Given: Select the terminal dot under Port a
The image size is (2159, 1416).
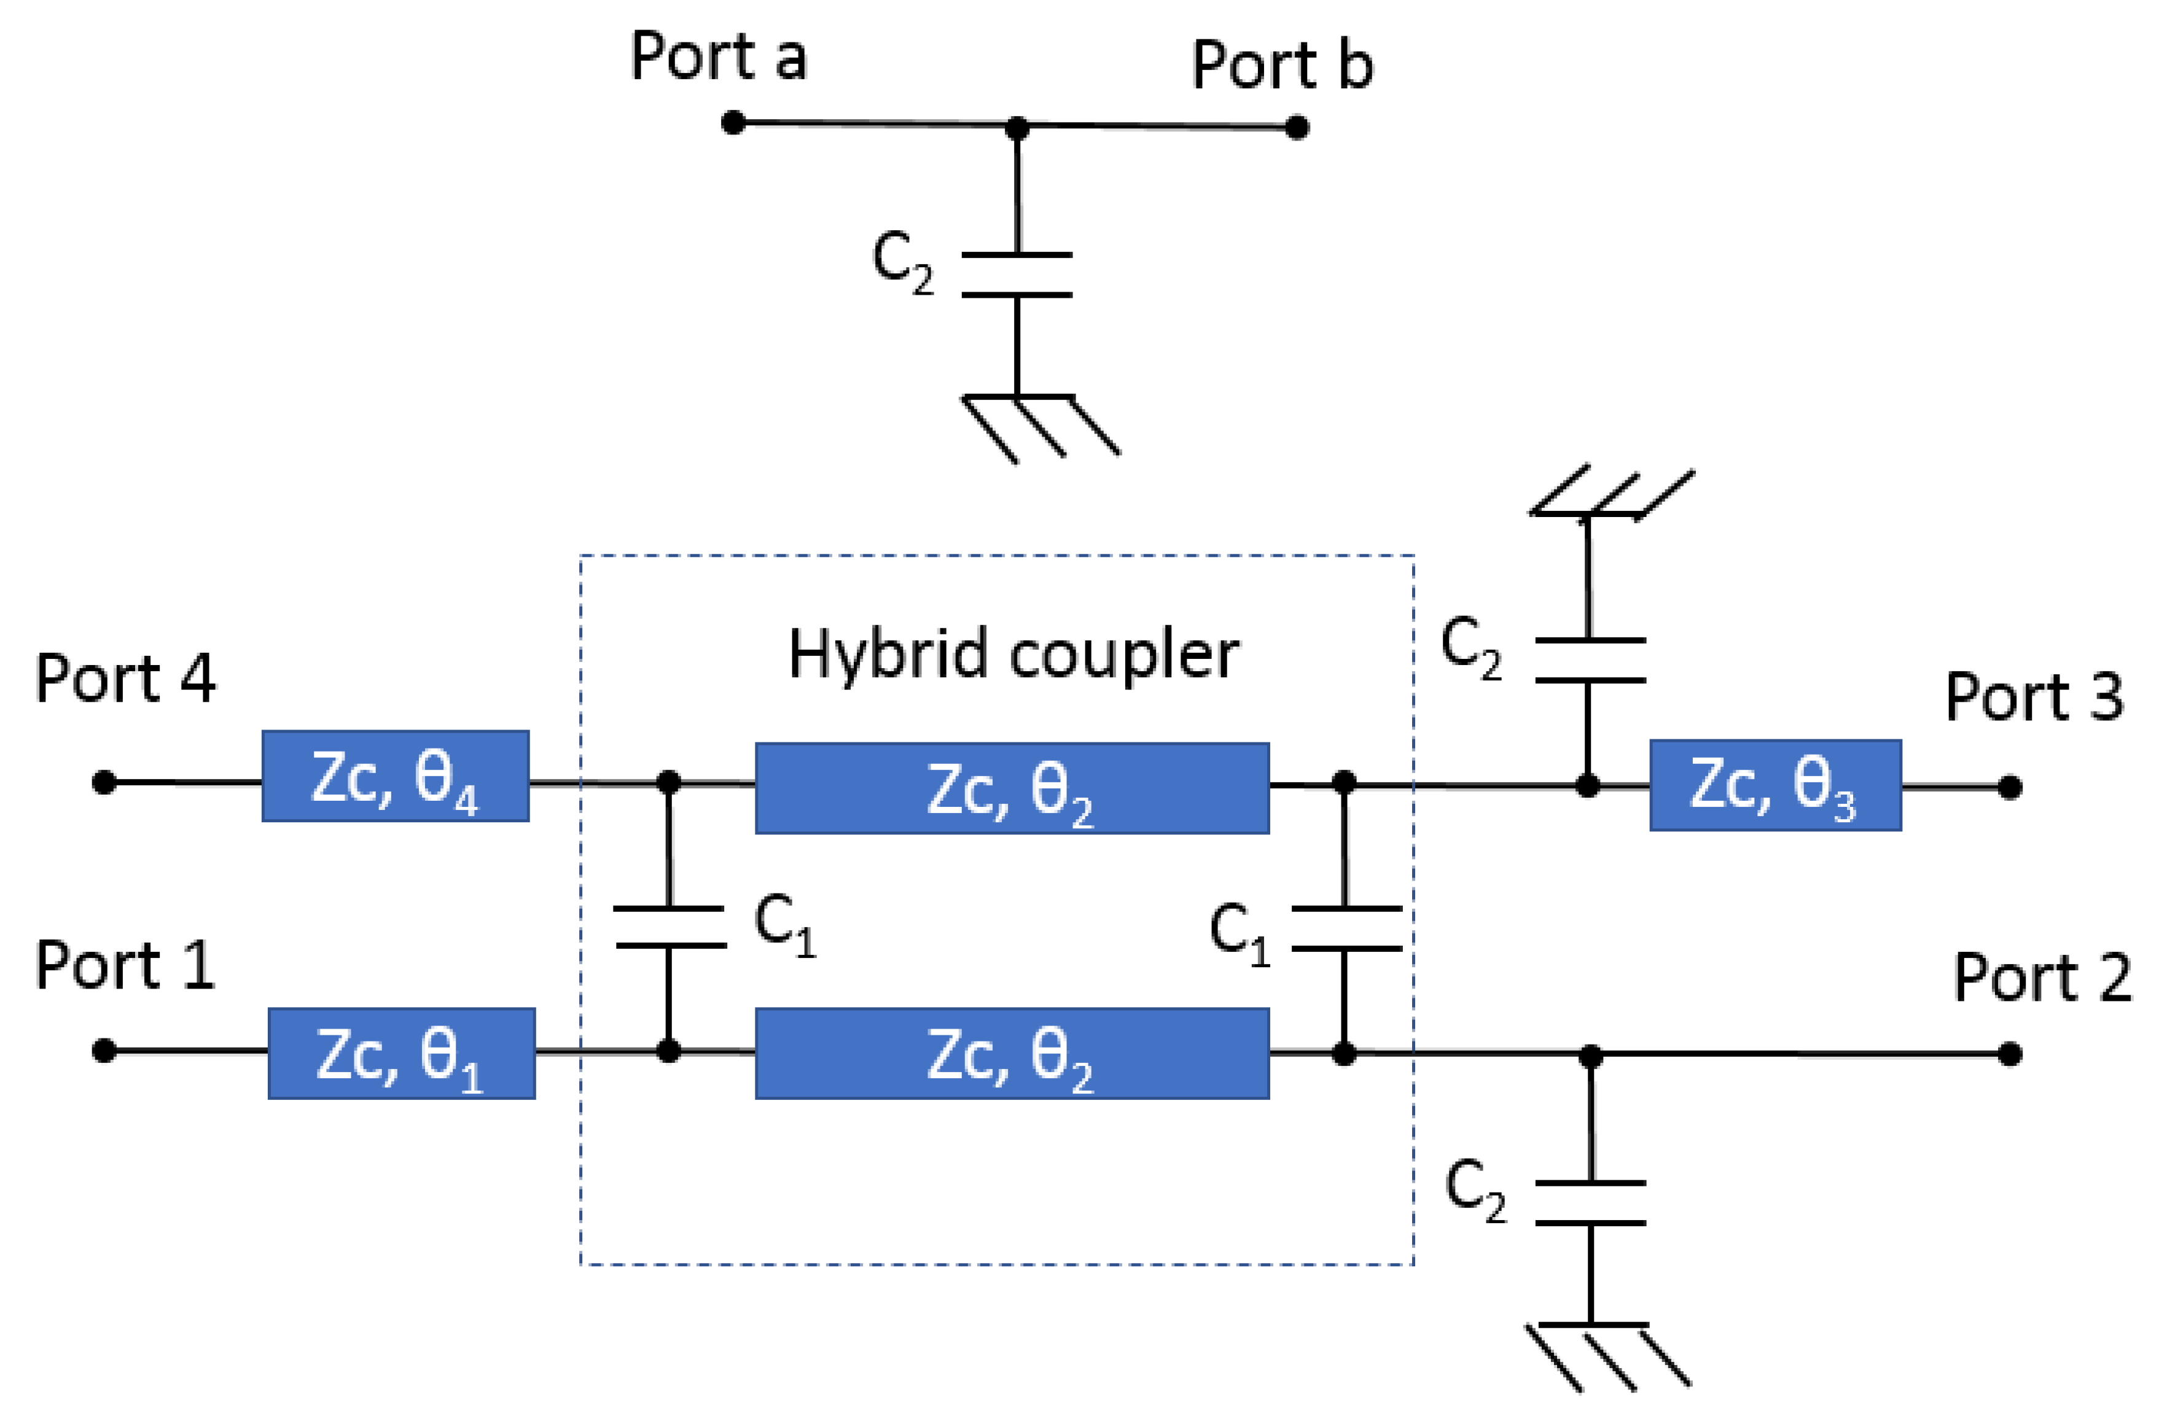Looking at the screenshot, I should (x=733, y=122).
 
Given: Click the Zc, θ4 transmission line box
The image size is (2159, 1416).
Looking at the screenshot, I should (x=396, y=777).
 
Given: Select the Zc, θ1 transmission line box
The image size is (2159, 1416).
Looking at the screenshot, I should (x=401, y=1053).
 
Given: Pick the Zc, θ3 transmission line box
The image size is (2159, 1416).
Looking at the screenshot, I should (x=1774, y=785).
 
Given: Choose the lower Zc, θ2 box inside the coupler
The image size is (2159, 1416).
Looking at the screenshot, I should (x=1012, y=1053).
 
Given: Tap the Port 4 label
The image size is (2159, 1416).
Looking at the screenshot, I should (x=125, y=678).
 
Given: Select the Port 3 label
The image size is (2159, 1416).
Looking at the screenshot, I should (x=2034, y=697).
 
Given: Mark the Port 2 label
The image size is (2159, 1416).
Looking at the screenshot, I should (x=2042, y=977).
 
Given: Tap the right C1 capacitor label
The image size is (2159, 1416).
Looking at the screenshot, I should (x=1239, y=933).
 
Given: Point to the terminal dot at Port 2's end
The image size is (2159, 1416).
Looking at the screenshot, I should (x=2009, y=1054).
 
